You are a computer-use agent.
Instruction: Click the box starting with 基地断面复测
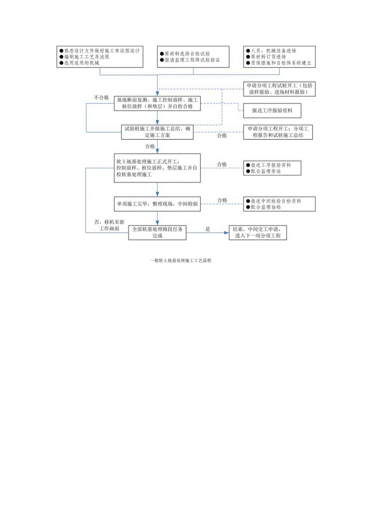click(x=158, y=103)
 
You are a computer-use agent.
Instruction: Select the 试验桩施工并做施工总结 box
click(x=158, y=132)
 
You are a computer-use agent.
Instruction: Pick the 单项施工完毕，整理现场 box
click(x=158, y=204)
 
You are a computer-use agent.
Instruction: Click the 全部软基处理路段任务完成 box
click(x=157, y=233)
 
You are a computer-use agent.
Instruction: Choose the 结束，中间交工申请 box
click(x=257, y=233)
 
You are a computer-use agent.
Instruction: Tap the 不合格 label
click(x=102, y=98)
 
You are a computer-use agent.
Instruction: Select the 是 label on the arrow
click(x=208, y=229)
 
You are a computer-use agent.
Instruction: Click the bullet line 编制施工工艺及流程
click(x=86, y=57)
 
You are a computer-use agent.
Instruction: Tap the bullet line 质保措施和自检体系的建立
click(x=280, y=63)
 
